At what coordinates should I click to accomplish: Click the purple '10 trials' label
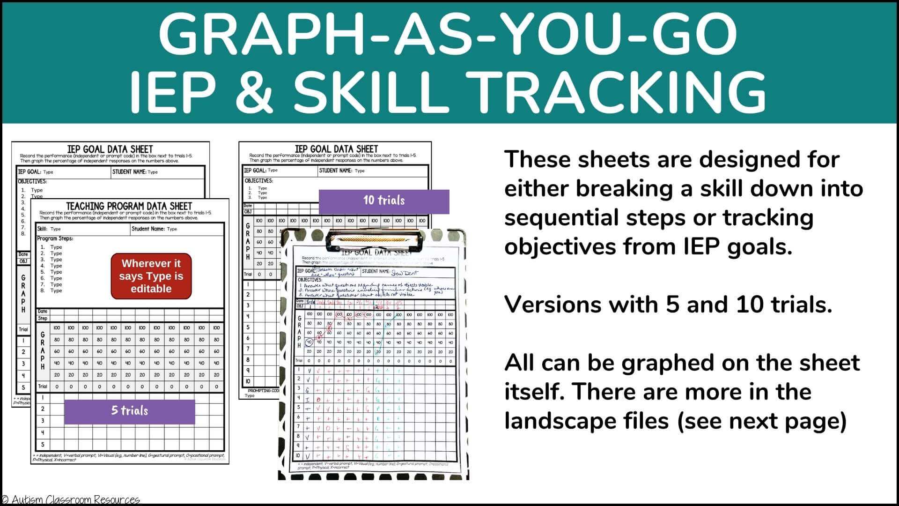coord(384,201)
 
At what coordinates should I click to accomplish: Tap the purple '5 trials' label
coord(129,411)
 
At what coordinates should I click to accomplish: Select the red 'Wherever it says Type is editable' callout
coord(151,276)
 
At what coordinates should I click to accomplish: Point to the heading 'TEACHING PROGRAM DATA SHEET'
coord(129,206)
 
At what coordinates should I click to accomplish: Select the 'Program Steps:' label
coord(55,238)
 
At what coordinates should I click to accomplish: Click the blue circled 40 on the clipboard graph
coord(309,342)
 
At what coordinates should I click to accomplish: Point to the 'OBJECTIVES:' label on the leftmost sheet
coord(32,181)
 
